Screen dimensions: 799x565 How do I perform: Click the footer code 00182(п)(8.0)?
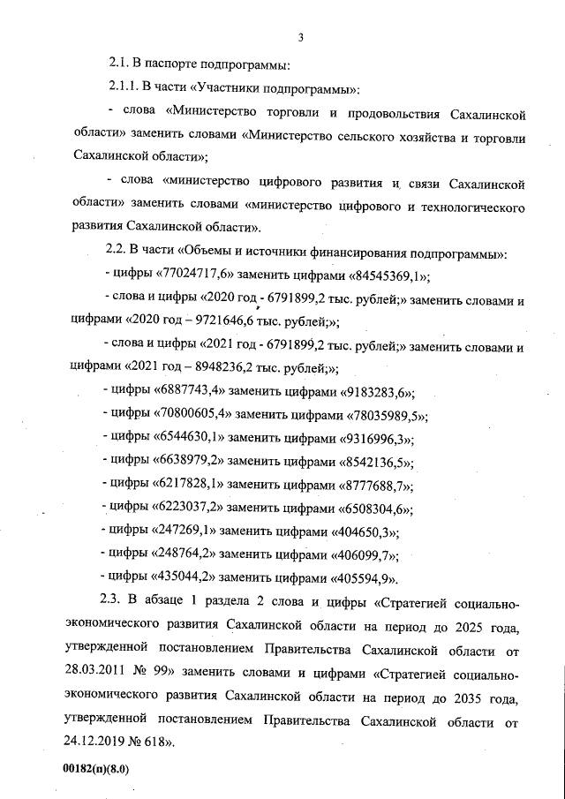coord(97,769)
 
